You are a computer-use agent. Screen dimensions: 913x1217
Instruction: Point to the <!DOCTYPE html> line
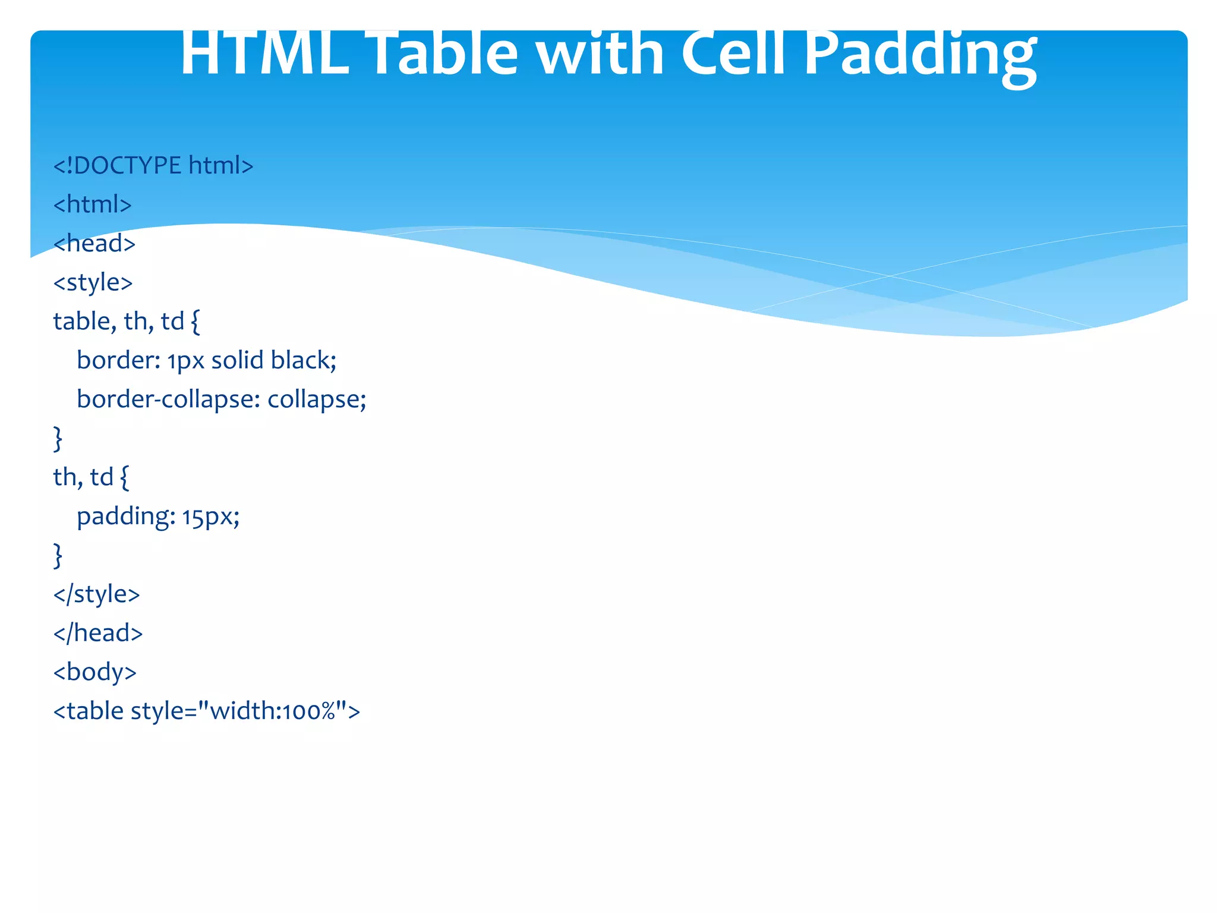pyautogui.click(x=153, y=165)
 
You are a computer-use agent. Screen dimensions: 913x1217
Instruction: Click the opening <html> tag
pyautogui.click(x=92, y=204)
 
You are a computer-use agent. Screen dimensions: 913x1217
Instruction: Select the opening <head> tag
pyautogui.click(x=94, y=244)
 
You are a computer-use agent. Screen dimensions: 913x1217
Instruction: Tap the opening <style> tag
pyautogui.click(x=93, y=282)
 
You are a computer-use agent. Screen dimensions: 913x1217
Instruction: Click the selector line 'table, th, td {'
pyautogui.click(x=127, y=322)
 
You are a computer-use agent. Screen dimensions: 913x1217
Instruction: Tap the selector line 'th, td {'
pyautogui.click(x=91, y=477)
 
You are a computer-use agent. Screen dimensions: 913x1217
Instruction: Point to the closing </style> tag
pyautogui.click(x=96, y=594)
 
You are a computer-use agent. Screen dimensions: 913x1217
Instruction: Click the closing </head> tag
pyautogui.click(x=98, y=633)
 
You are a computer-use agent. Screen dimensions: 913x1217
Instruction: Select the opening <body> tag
pyautogui.click(x=95, y=672)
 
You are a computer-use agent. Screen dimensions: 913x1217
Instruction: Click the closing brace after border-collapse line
pyautogui.click(x=58, y=439)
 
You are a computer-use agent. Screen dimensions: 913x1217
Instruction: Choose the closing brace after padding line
pyautogui.click(x=58, y=555)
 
